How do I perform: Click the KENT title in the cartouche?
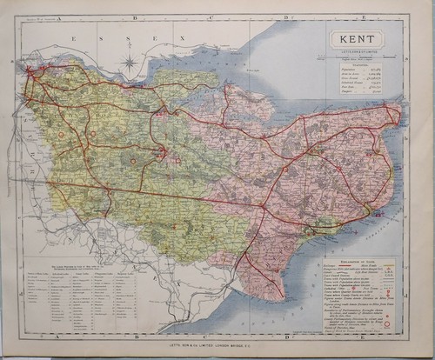tap(358, 40)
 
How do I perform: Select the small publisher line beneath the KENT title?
tap(358, 52)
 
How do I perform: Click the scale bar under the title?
tap(358, 57)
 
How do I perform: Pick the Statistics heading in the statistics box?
tap(358, 64)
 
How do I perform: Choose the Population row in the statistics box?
tap(358, 70)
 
